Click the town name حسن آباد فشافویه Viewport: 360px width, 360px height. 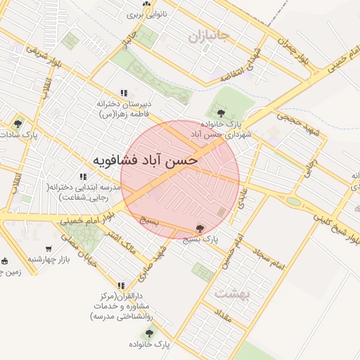pos(146,160)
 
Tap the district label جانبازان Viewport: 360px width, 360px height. pos(209,35)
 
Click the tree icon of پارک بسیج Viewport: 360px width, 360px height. pos(200,229)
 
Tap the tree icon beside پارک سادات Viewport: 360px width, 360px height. pos(18,124)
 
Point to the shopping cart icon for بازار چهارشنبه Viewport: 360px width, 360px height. pos(49,248)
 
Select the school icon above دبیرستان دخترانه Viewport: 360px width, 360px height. pos(124,93)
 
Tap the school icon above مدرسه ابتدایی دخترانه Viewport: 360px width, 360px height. pos(83,177)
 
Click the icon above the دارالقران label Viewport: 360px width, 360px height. pos(122,285)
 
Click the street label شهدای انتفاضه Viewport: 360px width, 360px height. pos(248,63)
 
